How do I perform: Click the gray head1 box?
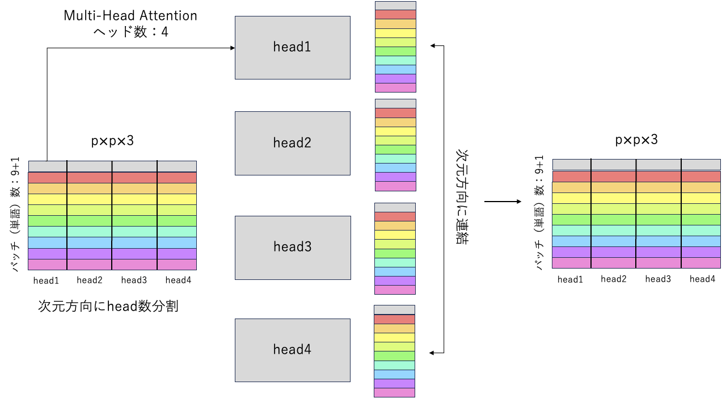click(292, 47)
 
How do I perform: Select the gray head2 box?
click(292, 143)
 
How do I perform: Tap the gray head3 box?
click(292, 247)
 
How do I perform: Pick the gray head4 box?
click(292, 350)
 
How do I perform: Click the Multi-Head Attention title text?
click(130, 15)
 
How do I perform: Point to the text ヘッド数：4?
click(130, 32)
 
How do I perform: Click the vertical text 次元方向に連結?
click(462, 196)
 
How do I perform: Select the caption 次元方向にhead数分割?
click(108, 306)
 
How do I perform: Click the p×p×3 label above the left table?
click(112, 141)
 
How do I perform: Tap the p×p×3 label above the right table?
click(636, 140)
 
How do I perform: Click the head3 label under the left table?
click(134, 280)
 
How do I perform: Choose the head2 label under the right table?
click(614, 279)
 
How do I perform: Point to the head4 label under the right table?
click(702, 279)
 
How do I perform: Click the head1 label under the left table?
click(46, 280)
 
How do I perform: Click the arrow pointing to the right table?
click(503, 202)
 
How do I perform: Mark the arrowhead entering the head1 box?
click(232, 48)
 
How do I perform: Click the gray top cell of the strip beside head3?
click(395, 207)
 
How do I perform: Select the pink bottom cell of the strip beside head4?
click(395, 392)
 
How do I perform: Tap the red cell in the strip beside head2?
click(395, 113)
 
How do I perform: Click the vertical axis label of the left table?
click(15, 214)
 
